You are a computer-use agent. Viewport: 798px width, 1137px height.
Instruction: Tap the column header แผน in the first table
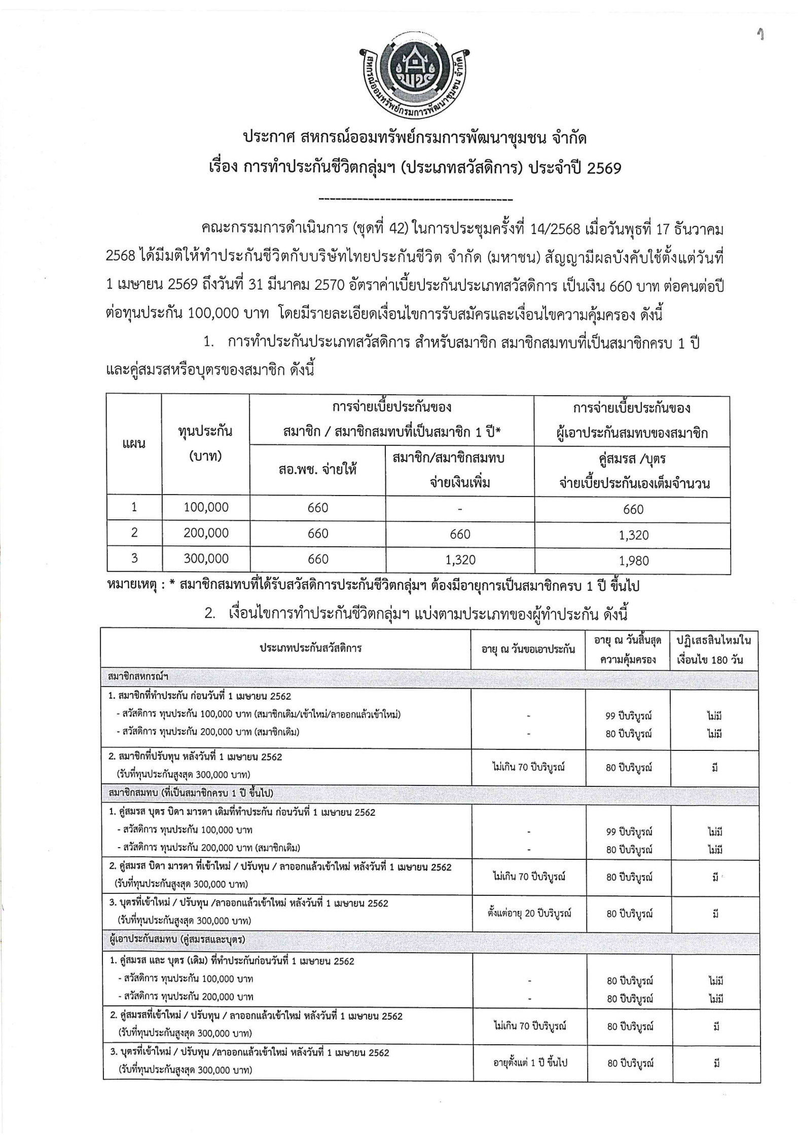click(134, 444)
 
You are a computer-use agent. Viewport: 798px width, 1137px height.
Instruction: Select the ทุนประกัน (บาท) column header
click(205, 444)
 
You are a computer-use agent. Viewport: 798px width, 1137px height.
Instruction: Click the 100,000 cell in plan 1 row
click(206, 507)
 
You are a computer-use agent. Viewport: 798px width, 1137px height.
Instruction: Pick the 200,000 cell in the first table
click(206, 533)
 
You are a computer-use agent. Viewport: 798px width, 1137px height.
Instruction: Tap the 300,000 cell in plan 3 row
click(206, 559)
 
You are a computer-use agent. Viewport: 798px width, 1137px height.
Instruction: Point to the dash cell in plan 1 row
click(459, 508)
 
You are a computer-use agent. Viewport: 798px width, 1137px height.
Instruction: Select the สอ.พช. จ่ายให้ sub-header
click(317, 470)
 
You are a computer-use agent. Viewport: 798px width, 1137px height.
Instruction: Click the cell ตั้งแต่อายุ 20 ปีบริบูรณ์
click(528, 914)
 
